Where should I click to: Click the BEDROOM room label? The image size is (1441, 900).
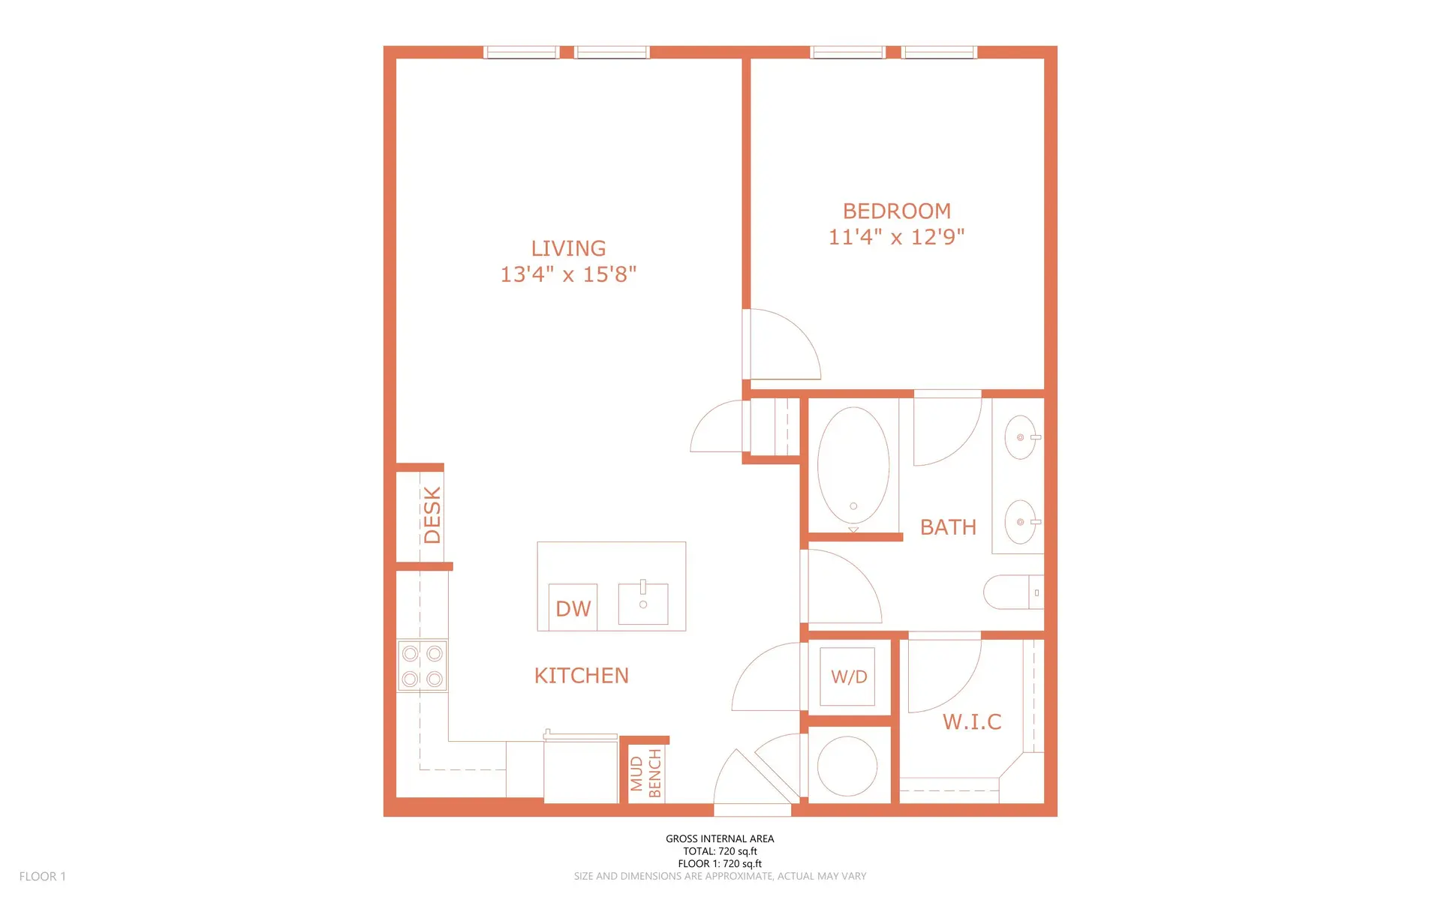896,211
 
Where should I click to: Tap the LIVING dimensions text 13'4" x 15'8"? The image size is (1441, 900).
568,274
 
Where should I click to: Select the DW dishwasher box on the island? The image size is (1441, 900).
573,607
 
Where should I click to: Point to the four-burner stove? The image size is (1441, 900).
422,666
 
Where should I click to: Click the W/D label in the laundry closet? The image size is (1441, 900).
849,676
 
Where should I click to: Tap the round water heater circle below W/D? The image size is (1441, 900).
847,766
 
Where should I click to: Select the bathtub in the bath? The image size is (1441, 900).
853,465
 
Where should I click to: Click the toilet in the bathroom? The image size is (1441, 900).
1013,592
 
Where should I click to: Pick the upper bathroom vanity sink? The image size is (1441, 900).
1020,437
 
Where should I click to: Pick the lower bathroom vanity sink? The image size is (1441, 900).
1020,522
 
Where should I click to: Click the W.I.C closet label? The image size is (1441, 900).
972,721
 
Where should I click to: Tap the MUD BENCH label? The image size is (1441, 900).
645,773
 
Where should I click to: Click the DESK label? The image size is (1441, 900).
432,514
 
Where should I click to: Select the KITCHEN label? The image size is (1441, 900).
582,676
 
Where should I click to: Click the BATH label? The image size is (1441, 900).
948,527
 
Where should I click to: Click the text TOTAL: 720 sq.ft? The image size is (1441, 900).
720,851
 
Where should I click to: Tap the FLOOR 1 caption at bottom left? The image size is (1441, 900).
43,876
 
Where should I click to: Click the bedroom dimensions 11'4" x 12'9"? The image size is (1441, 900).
896,237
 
